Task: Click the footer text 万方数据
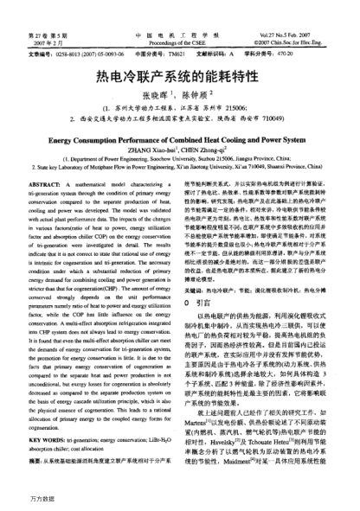click(x=20, y=500)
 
